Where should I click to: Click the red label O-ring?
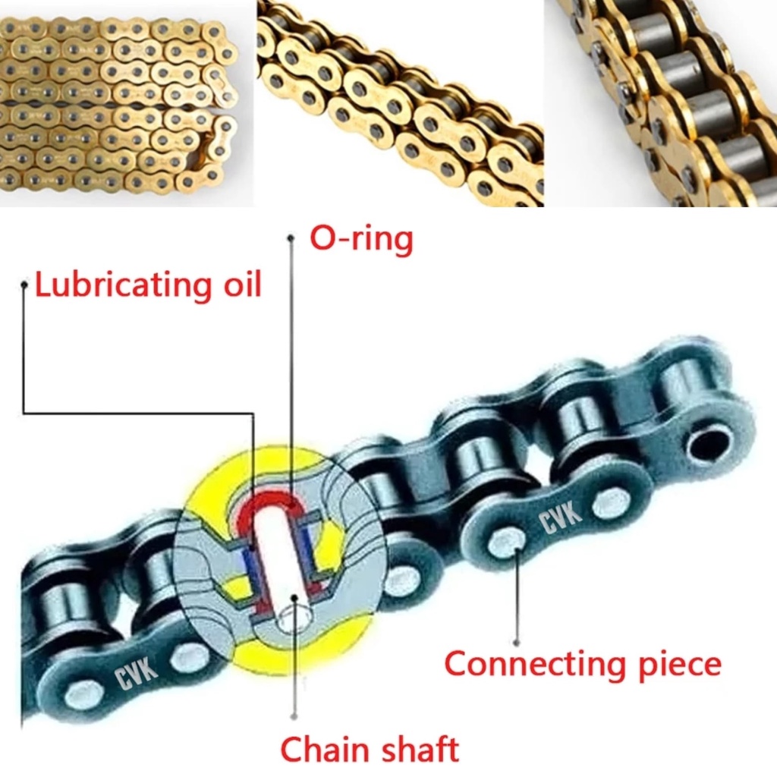pos(361,241)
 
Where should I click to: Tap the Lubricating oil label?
pos(148,286)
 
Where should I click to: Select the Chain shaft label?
pos(370,749)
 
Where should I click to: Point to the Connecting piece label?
pos(582,664)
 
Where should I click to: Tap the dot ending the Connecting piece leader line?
pos(517,642)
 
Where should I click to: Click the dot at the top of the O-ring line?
pos(290,238)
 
